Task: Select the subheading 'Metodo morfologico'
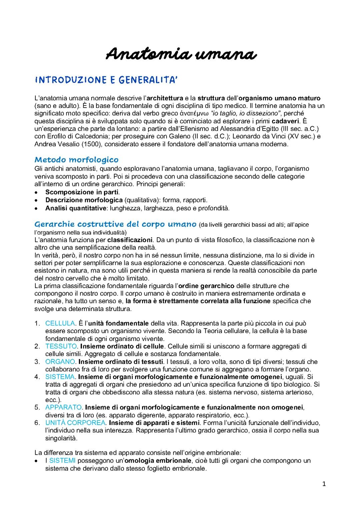point(76,160)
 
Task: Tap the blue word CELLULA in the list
point(60,323)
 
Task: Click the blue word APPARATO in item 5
point(64,407)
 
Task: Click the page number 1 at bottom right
point(323,484)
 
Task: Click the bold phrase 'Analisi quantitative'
point(76,208)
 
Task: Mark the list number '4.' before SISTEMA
point(37,377)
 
